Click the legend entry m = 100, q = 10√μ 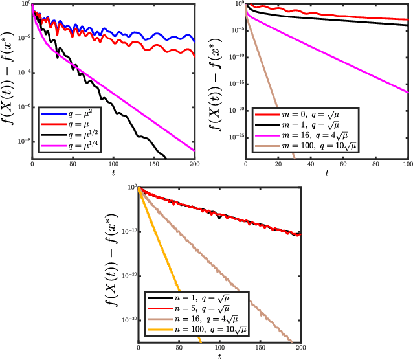[310, 148]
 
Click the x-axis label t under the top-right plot [327, 174]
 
